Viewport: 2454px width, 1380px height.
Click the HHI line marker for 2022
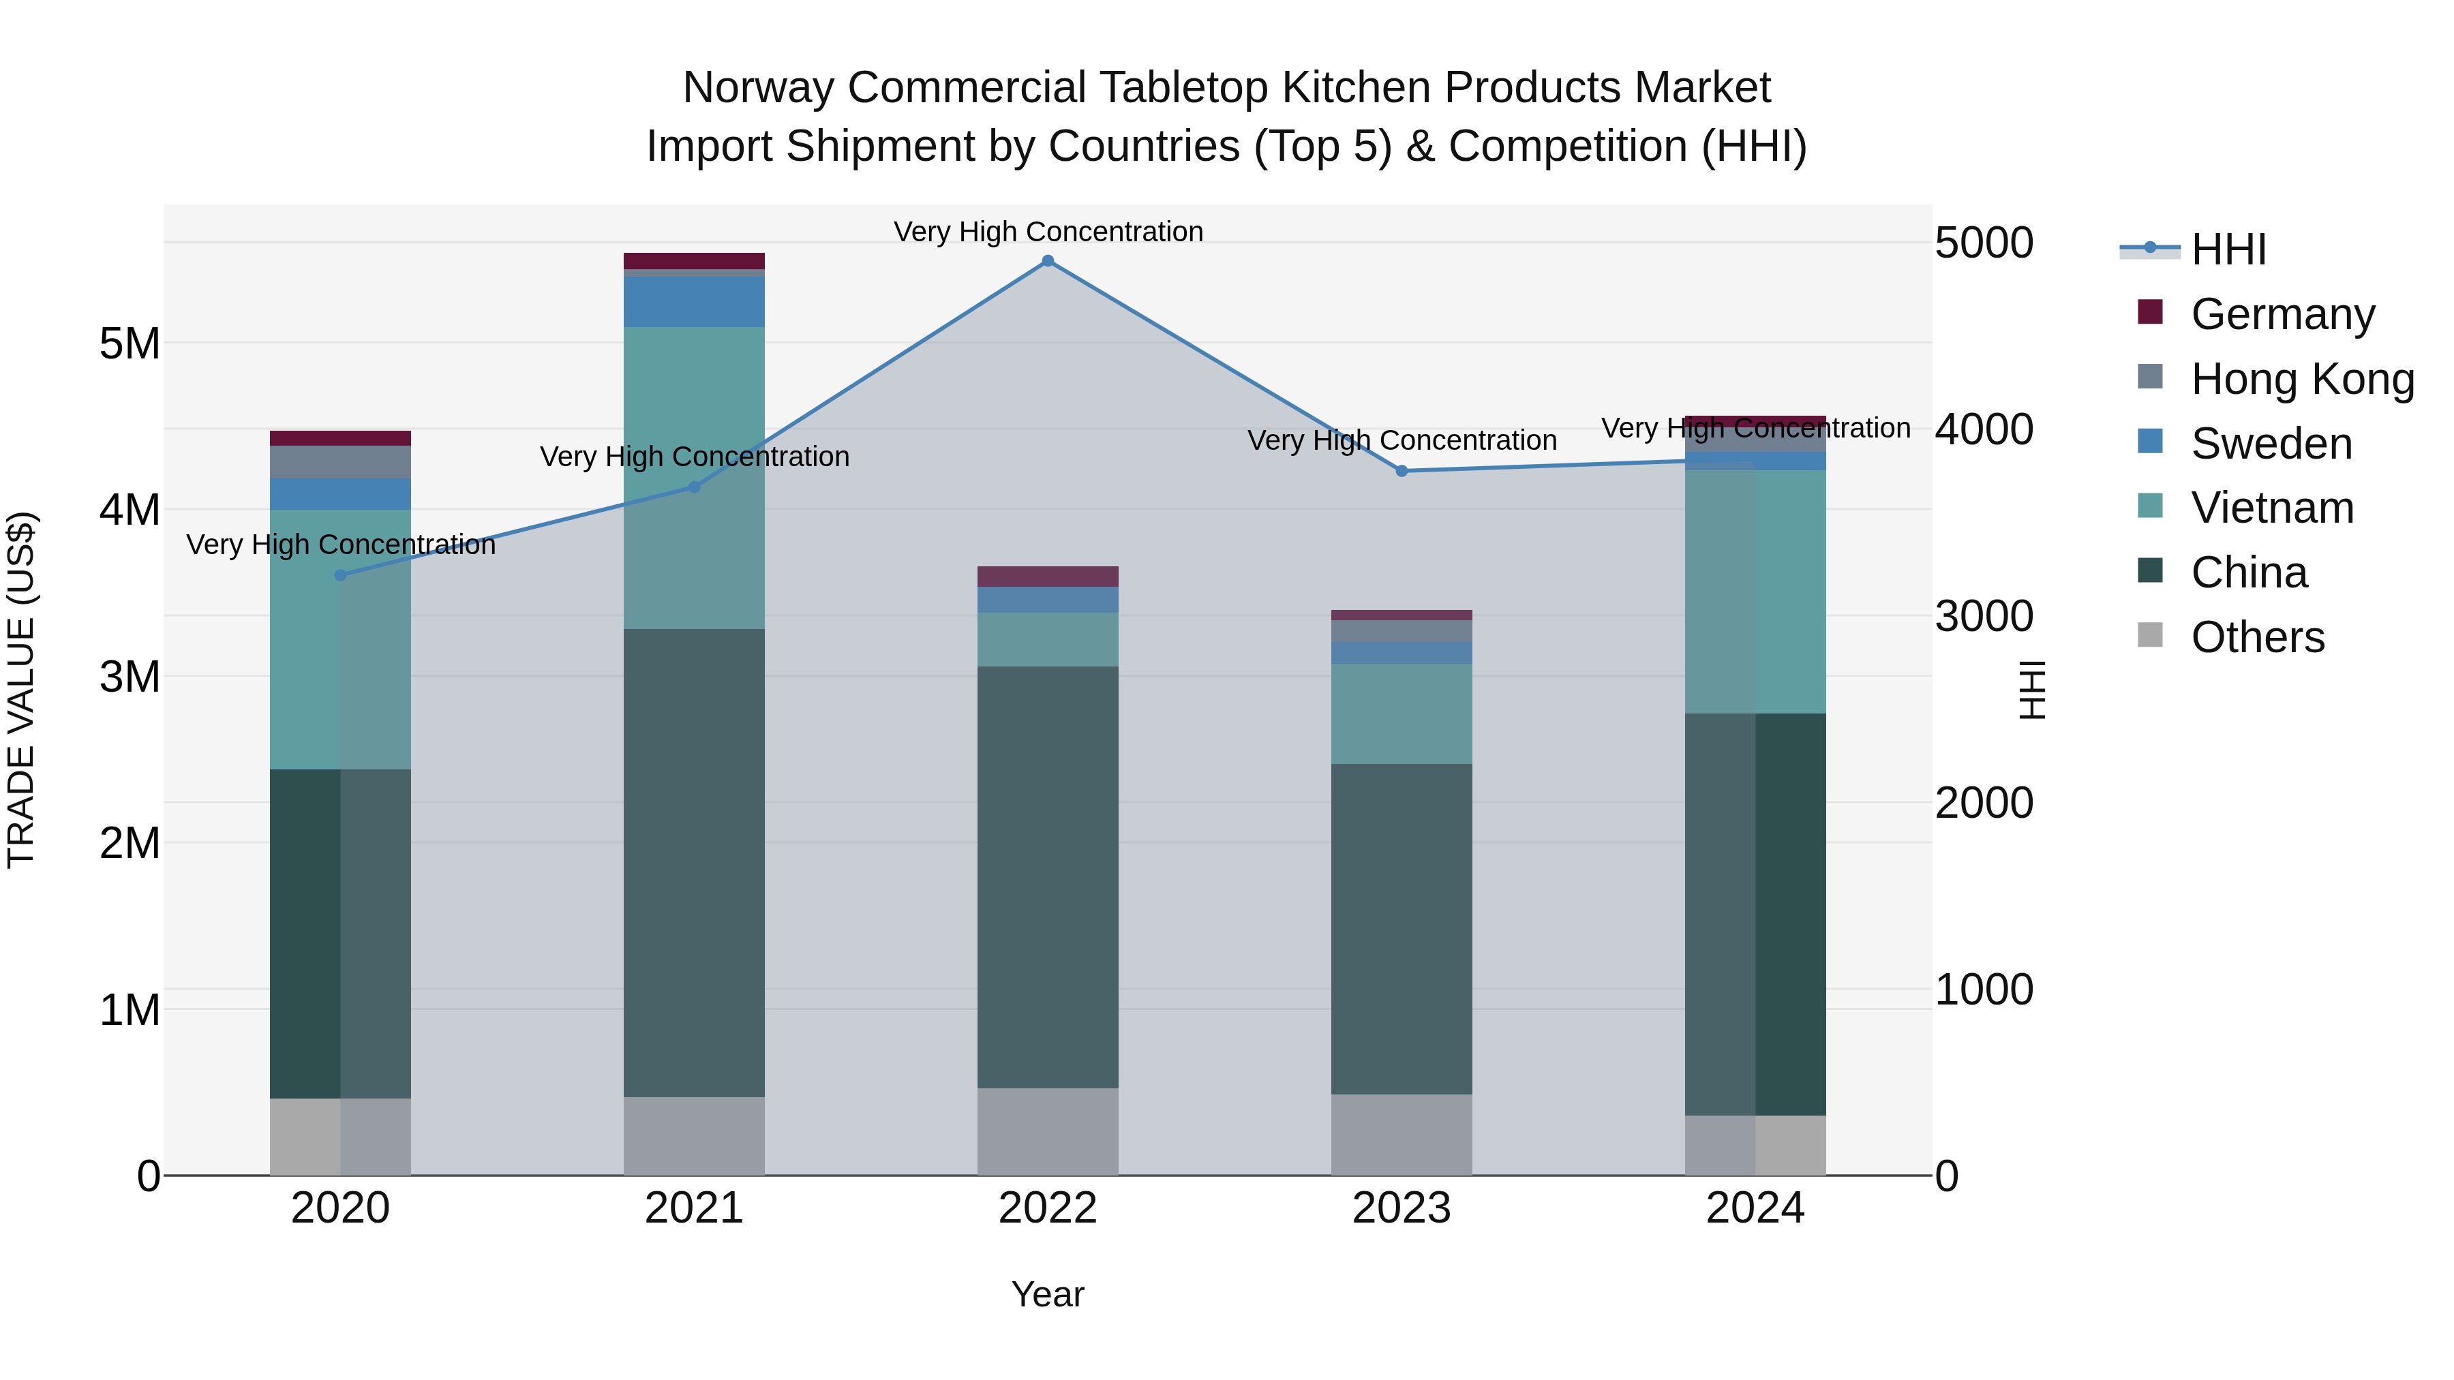pos(1048,261)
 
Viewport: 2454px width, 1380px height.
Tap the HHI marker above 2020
pos(341,575)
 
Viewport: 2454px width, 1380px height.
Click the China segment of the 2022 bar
pos(1048,876)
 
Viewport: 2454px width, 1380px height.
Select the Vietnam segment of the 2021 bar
pos(693,476)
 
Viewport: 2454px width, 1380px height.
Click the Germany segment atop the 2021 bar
pos(693,261)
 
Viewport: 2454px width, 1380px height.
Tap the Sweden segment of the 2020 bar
pos(340,493)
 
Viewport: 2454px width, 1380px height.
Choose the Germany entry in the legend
pos(2282,314)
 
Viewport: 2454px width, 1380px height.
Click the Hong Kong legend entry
pos(2301,379)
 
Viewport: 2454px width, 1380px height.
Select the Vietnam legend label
pos(2272,508)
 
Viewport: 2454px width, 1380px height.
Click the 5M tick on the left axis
pos(130,344)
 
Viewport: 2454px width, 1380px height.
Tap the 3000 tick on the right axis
pos(1984,616)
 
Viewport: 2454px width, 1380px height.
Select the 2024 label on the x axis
pos(1755,1208)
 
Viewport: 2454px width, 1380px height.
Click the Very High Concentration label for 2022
pos(1048,232)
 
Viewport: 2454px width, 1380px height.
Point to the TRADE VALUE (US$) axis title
pos(21,690)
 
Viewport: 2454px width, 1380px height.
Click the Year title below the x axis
pos(1048,1294)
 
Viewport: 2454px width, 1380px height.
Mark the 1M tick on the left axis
pos(130,1009)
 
